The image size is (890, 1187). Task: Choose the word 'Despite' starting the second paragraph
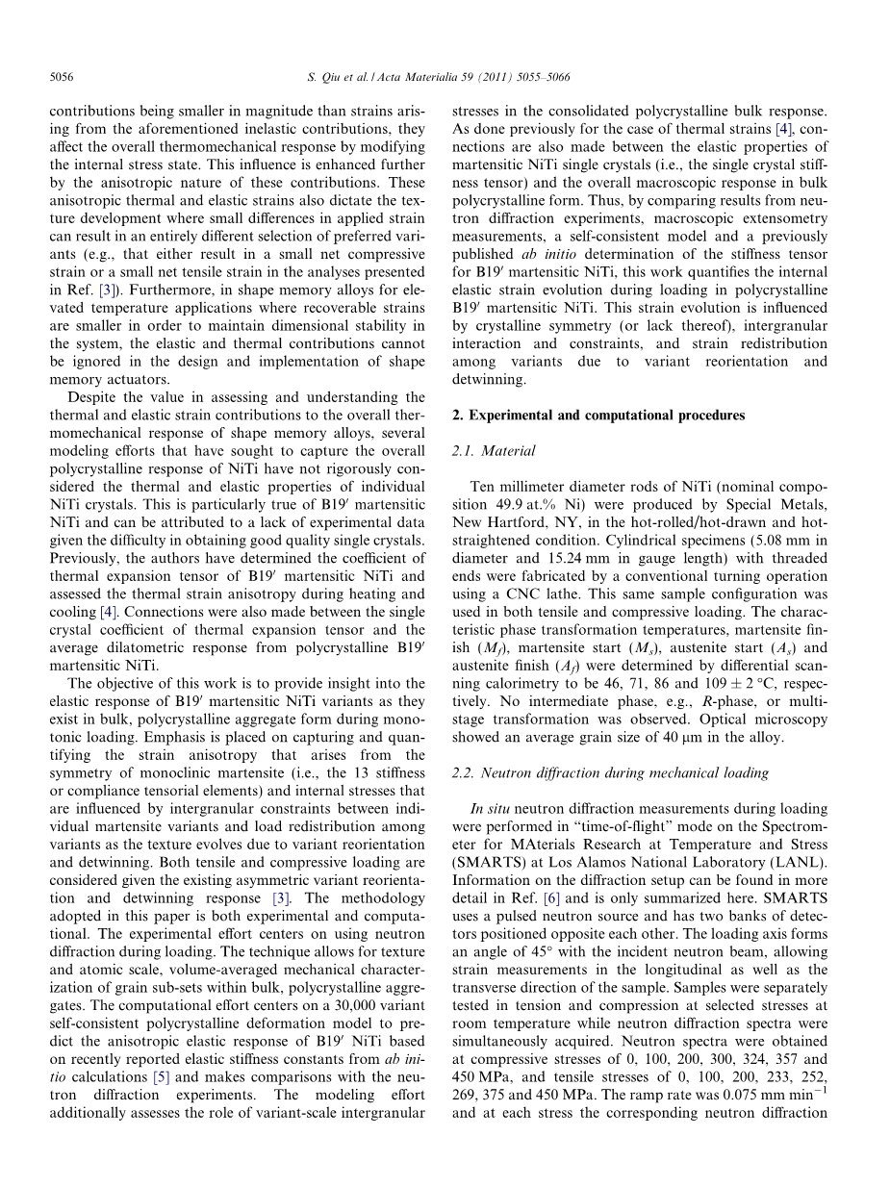pyautogui.click(x=89, y=397)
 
